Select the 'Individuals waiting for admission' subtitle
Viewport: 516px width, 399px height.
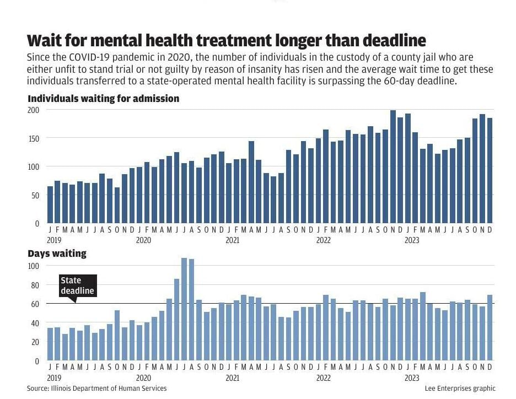[x=104, y=98]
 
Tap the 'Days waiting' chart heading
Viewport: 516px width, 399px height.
[x=57, y=254]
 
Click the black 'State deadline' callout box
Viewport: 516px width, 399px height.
[x=78, y=285]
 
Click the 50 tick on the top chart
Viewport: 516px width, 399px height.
[x=35, y=195]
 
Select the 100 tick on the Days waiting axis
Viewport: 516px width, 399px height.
[x=34, y=266]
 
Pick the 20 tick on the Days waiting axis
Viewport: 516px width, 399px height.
[x=35, y=342]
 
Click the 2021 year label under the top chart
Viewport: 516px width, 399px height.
[x=233, y=240]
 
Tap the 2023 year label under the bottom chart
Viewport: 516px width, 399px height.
[x=412, y=378]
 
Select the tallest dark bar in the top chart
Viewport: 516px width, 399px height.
[x=393, y=166]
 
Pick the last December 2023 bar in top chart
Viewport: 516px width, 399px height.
[x=490, y=170]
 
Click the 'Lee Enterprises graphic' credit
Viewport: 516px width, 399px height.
[x=460, y=389]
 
